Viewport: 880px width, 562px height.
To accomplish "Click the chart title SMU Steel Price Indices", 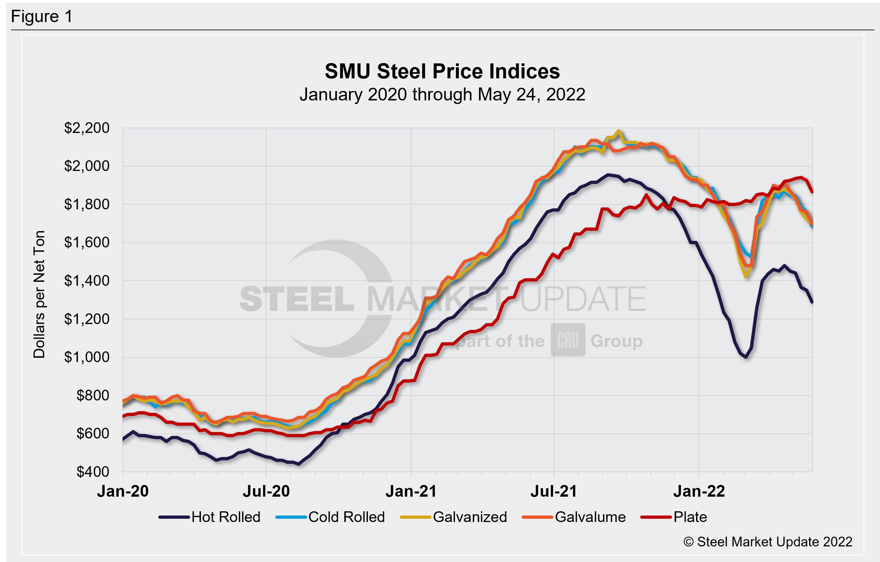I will click(442, 71).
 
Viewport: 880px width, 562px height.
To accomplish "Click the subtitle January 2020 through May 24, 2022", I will click(442, 95).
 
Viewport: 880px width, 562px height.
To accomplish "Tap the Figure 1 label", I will click(42, 17).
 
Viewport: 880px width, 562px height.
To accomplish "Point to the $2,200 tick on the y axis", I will click(87, 128).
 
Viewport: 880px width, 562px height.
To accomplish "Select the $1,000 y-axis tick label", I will click(87, 357).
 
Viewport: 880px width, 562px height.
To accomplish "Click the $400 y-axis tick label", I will click(93, 472).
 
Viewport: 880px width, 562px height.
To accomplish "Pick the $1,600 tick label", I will click(87, 242).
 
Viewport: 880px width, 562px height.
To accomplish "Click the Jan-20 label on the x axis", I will click(123, 491).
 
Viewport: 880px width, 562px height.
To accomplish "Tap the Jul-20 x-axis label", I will click(266, 491).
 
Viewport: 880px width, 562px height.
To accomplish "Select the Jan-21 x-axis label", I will click(411, 491).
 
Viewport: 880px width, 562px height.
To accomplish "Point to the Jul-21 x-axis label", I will click(554, 491).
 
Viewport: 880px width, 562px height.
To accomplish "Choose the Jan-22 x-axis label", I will click(699, 491).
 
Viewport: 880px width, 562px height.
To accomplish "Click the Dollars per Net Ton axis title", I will click(39, 294).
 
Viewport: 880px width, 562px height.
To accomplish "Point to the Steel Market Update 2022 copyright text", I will click(768, 542).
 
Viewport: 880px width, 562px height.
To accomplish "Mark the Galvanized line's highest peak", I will click(618, 131).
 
